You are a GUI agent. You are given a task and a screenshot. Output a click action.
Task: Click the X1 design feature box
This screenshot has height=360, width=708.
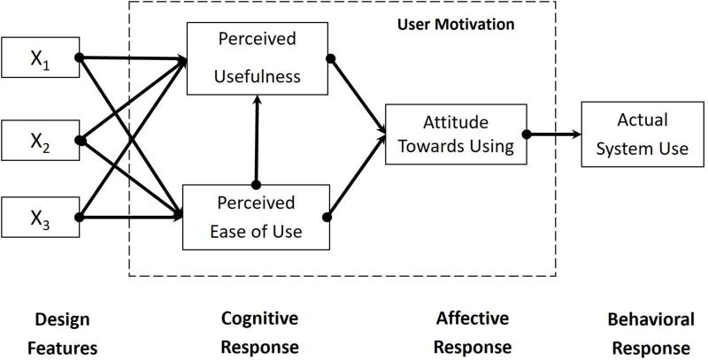click(x=41, y=57)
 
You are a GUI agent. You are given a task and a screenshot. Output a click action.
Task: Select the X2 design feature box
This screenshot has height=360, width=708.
click(x=41, y=141)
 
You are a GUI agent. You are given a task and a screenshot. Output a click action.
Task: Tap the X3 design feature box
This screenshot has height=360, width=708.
click(x=41, y=217)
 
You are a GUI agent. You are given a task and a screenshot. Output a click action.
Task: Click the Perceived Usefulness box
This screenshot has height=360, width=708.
click(x=258, y=58)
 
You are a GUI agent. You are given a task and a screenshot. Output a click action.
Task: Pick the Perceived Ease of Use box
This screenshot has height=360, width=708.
click(x=256, y=217)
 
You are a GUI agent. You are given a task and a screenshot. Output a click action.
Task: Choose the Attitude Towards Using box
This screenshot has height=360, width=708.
click(x=456, y=134)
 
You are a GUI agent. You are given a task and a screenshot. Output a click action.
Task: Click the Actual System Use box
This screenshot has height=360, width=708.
click(x=643, y=134)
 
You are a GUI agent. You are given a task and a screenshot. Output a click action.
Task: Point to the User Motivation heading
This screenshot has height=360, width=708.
click(x=456, y=25)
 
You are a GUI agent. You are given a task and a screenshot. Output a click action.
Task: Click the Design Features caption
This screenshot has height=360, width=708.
click(x=62, y=333)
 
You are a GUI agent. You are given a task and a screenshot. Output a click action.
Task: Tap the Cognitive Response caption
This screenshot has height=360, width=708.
click(x=259, y=333)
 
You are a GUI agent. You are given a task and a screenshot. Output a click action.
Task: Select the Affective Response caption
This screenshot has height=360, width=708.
click(x=473, y=333)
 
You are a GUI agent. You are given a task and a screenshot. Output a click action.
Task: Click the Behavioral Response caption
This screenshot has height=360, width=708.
click(x=650, y=333)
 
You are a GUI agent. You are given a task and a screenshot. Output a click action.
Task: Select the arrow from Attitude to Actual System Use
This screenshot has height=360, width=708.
click(x=554, y=134)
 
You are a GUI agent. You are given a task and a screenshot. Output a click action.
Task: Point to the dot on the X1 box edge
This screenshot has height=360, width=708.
click(x=79, y=57)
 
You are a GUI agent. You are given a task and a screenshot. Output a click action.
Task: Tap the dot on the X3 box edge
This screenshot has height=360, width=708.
click(x=79, y=217)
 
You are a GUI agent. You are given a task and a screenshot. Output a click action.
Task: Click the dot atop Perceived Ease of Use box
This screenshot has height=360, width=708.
click(x=256, y=185)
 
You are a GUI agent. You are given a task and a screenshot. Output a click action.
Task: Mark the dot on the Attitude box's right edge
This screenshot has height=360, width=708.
click(x=527, y=134)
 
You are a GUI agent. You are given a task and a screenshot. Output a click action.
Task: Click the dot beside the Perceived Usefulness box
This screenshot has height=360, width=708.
click(x=330, y=58)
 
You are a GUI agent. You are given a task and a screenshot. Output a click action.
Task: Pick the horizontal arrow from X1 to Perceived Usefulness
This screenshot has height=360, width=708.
click(x=134, y=57)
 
